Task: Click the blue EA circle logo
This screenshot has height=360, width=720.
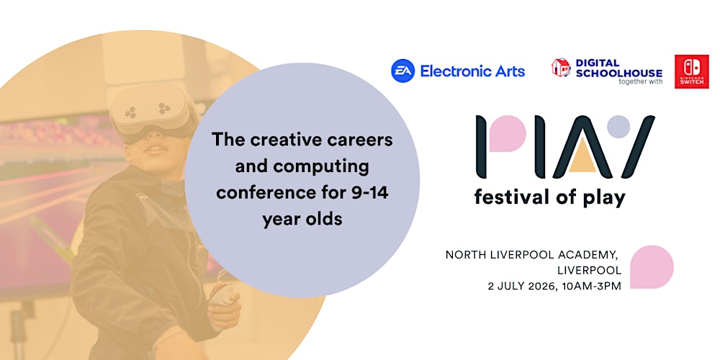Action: pos(402,71)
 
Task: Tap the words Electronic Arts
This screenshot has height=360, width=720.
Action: pos(472,71)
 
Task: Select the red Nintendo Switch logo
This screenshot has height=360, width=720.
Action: pos(691,71)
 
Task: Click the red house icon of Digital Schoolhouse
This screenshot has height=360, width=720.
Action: pos(561,68)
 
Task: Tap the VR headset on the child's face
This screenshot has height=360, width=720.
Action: pos(152,112)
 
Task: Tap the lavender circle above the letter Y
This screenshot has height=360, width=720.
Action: pos(618,127)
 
